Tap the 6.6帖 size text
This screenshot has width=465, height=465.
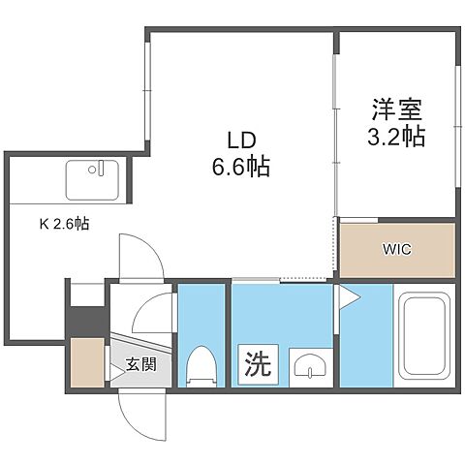[234, 166]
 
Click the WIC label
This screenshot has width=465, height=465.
[396, 249]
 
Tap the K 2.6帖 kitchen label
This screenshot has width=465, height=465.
[64, 223]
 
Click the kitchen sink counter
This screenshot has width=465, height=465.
[92, 179]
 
